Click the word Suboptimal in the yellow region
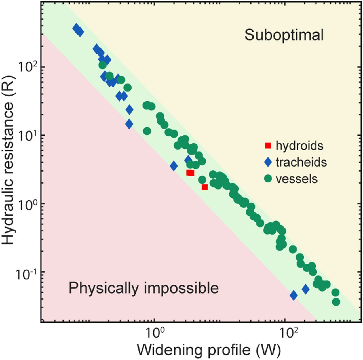[x=284, y=35]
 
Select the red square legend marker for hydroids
[x=268, y=146]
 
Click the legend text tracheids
[x=301, y=162]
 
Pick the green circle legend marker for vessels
[x=268, y=179]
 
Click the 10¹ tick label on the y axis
[x=28, y=135]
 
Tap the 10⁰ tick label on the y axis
[x=28, y=203]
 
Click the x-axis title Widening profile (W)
[x=209, y=350]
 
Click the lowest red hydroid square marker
[x=205, y=187]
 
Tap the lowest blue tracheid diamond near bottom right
[x=294, y=295]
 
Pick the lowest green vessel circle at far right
[x=336, y=302]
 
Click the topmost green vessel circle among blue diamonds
[x=103, y=65]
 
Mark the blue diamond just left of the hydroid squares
[x=174, y=166]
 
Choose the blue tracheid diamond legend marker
[x=268, y=162]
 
